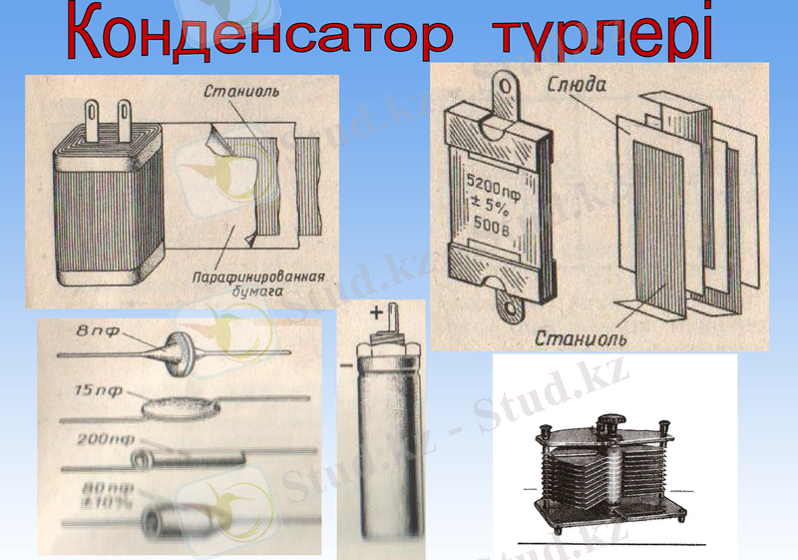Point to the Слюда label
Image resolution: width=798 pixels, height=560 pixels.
coord(577,88)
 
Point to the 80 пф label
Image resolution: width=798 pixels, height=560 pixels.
coord(103,489)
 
